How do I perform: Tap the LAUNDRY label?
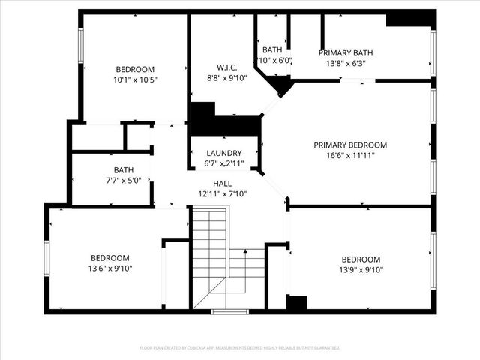pos(223,152)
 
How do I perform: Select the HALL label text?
pos(222,184)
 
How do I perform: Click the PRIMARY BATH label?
pos(346,53)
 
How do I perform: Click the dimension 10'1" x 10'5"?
pos(135,79)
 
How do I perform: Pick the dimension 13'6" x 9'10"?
pos(110,268)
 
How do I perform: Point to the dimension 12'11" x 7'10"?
pos(223,193)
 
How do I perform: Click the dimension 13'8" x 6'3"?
pos(346,64)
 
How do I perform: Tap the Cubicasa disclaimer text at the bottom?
pos(240,348)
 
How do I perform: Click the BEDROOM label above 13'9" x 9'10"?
pos(361,259)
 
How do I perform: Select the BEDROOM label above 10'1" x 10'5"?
pos(135,68)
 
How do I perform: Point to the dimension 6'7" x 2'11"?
pos(224,163)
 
